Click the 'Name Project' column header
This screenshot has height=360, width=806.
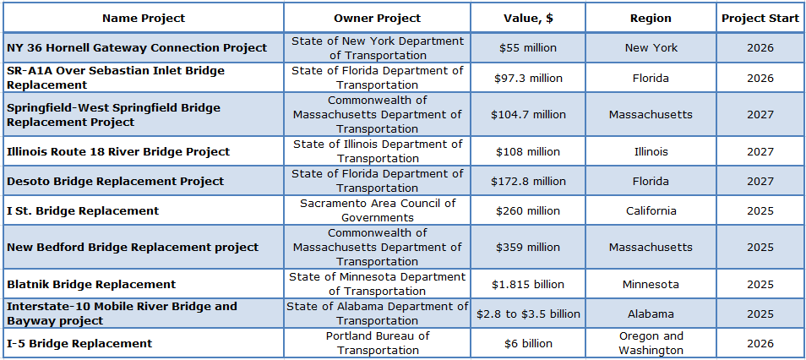point(143,18)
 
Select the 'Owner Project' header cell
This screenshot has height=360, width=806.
point(377,18)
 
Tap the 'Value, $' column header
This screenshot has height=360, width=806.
point(528,18)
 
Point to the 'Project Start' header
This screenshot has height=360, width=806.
point(760,18)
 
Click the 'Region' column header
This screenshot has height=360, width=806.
point(651,18)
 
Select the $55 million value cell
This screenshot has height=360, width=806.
point(528,48)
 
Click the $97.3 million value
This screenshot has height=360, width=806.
point(528,78)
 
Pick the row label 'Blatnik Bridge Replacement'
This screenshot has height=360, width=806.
point(91,284)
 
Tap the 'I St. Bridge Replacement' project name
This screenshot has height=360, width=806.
point(83,210)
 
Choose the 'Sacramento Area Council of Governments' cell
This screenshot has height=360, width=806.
point(377,210)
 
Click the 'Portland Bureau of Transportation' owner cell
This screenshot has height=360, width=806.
point(377,343)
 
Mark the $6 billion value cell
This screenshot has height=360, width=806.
point(528,343)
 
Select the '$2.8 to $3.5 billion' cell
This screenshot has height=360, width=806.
point(528,314)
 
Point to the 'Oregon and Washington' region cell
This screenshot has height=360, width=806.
point(651,343)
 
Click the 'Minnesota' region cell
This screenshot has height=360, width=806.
point(651,284)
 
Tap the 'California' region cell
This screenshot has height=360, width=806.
point(651,210)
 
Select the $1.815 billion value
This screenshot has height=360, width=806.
point(528,284)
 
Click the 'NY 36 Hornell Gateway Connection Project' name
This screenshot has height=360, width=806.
point(137,48)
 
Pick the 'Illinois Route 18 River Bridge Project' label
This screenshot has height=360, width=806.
point(118,151)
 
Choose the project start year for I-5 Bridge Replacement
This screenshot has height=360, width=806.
point(760,343)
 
